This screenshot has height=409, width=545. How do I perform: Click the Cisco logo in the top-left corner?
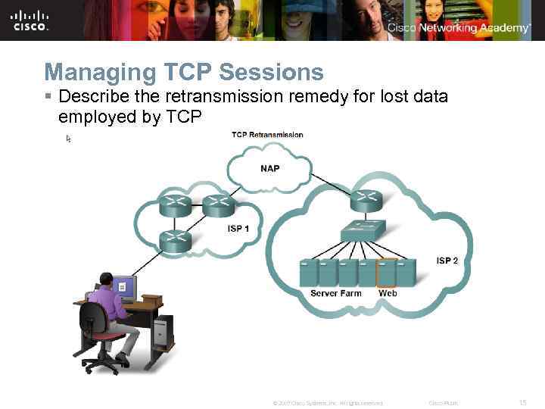pos(30,20)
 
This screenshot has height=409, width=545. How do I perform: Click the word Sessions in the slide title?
pos(270,73)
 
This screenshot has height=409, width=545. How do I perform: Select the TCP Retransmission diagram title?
pos(267,135)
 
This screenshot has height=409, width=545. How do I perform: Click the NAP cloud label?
pos(269,168)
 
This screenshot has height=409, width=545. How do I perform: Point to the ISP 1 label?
pos(238,229)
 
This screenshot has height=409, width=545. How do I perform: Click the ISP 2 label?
pos(447,261)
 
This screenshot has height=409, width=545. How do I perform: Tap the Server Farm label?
pos(336,293)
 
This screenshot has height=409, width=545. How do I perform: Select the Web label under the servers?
pos(388,293)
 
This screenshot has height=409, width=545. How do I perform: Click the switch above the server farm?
pos(363,230)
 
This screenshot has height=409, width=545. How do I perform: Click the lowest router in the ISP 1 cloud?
pos(175,240)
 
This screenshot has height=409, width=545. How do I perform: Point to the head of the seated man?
pos(107,280)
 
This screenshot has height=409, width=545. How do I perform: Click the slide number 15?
pos(522,402)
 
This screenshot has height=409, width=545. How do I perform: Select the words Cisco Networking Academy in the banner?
pos(459,28)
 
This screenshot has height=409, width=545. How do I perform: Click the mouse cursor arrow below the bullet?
pos(68,139)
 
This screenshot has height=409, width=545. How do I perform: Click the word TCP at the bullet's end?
pos(182,117)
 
